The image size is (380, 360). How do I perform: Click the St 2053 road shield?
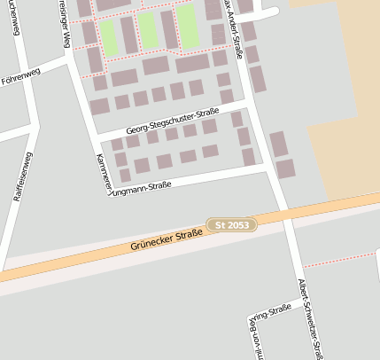[232, 226]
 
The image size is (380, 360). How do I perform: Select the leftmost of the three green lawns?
[108, 35]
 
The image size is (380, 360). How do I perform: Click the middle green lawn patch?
[147, 29]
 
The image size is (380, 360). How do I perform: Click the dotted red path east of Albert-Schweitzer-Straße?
[340, 258]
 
